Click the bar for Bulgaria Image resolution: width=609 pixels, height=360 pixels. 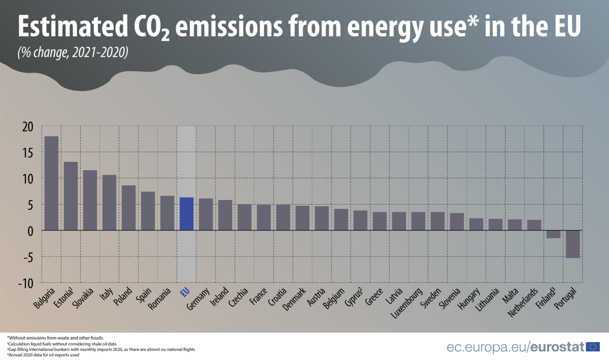(x=51, y=183)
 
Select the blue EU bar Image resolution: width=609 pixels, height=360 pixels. (x=186, y=214)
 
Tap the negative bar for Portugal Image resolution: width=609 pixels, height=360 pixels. (x=572, y=244)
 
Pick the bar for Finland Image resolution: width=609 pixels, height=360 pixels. (x=553, y=234)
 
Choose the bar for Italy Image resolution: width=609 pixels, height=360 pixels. (x=109, y=203)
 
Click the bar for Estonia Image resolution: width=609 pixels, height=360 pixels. (x=71, y=196)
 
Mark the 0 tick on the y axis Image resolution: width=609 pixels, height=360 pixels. (x=30, y=231)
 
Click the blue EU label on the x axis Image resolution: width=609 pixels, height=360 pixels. (x=185, y=292)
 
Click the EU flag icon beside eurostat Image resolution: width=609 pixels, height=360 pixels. (x=593, y=347)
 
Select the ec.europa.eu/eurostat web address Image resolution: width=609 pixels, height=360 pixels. (x=515, y=347)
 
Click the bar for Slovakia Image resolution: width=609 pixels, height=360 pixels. (x=90, y=200)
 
